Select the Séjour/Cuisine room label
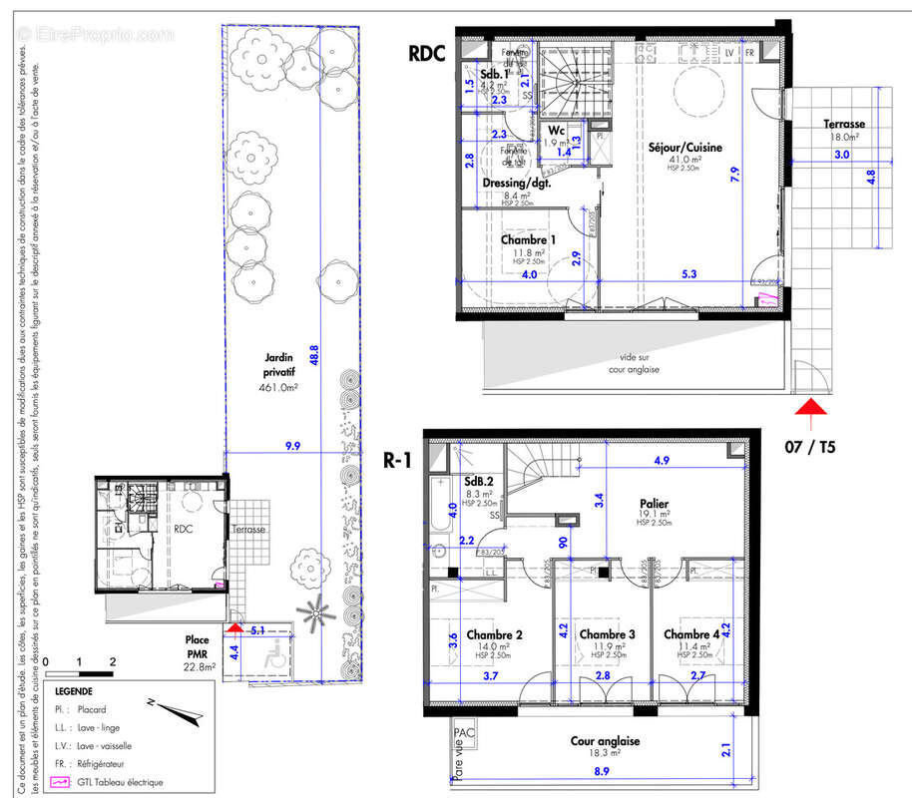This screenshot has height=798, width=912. [x=684, y=148]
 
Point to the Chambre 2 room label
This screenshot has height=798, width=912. [x=495, y=634]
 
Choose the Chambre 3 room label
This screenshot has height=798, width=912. [x=607, y=634]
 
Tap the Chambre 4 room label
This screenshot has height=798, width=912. [x=691, y=634]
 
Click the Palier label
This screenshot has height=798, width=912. [x=655, y=504]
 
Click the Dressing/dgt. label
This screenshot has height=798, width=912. [x=517, y=184]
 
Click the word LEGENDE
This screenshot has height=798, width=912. [x=75, y=690]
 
